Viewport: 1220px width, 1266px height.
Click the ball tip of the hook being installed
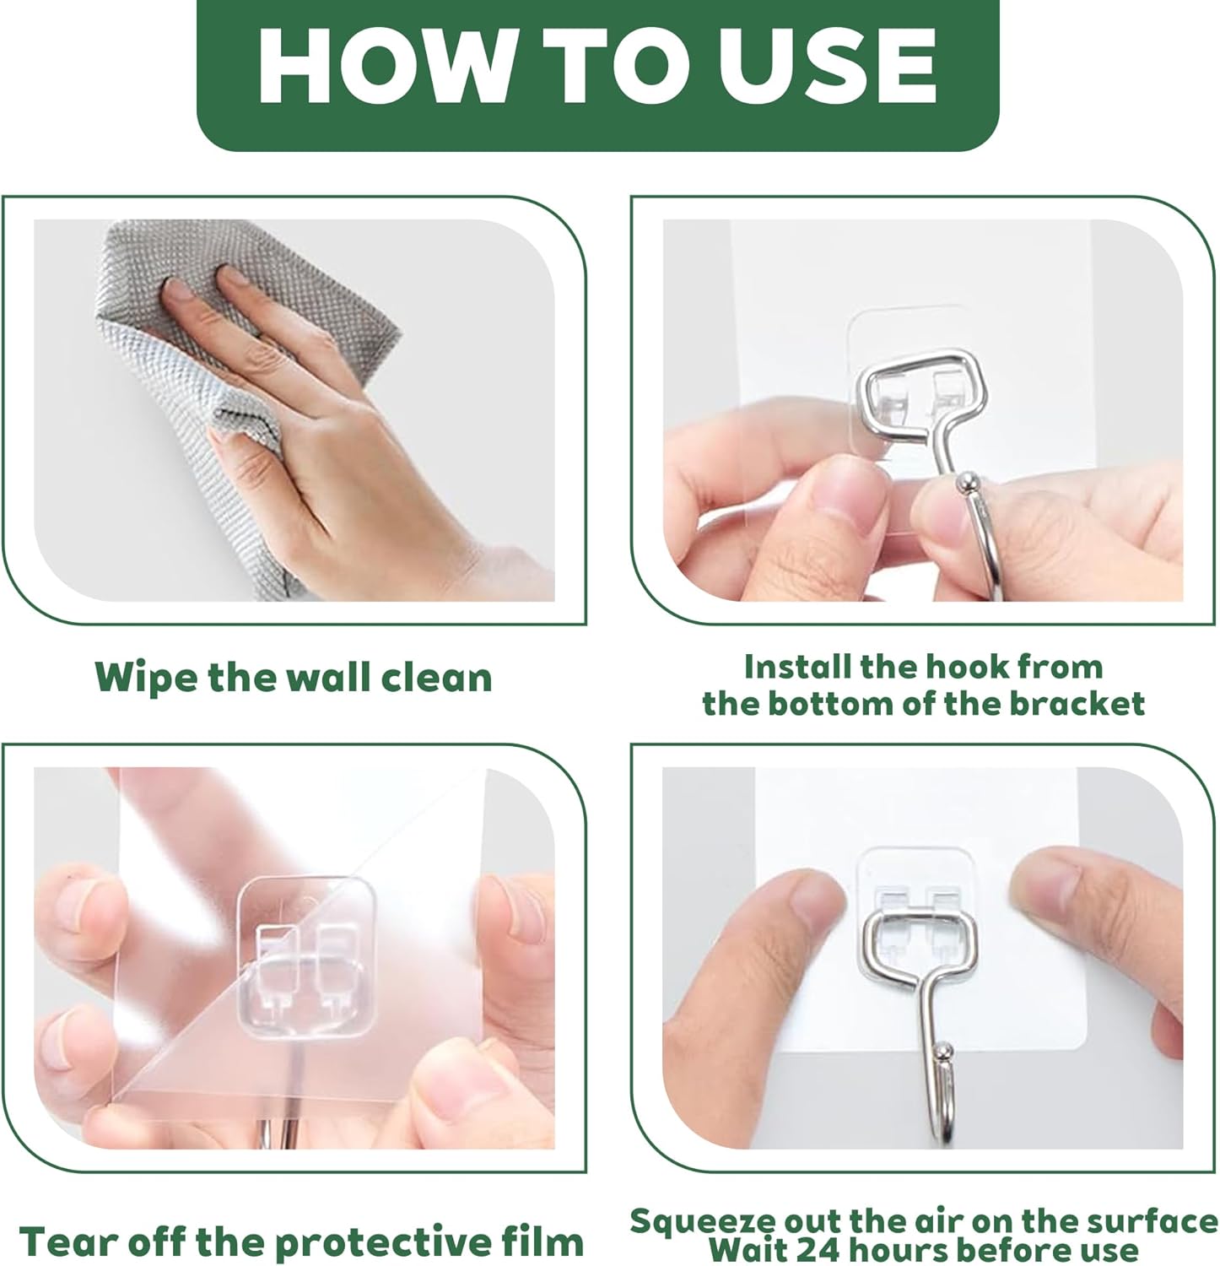coord(965,485)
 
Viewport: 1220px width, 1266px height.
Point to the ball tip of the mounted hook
coord(946,1053)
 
